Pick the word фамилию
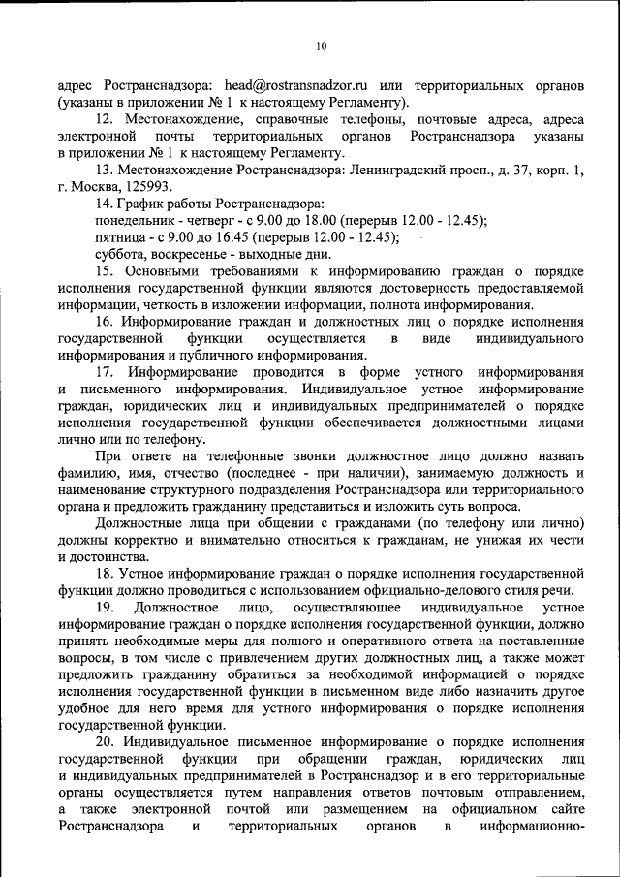[88, 473]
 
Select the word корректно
[147, 540]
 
